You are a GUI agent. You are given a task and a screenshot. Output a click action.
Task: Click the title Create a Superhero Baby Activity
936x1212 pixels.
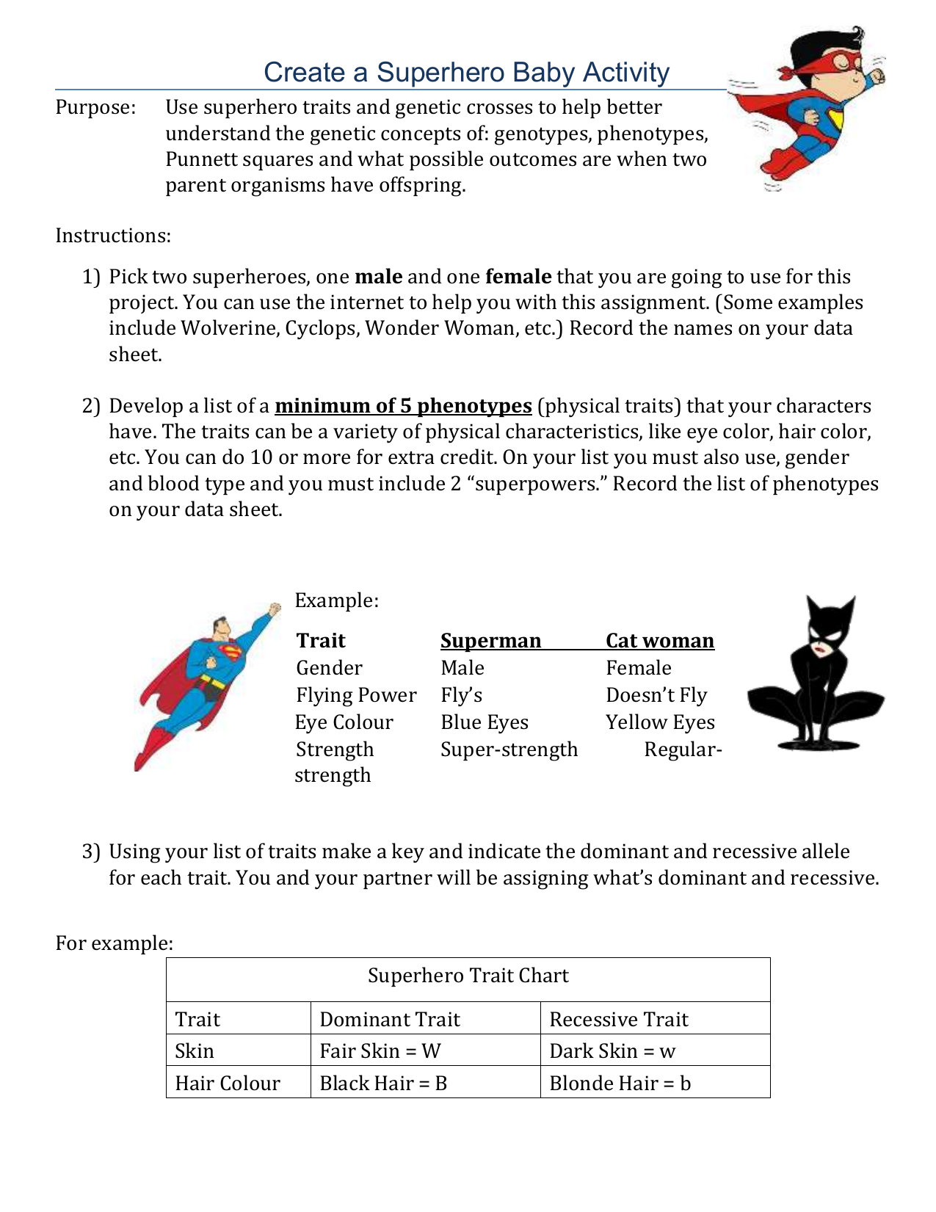click(466, 72)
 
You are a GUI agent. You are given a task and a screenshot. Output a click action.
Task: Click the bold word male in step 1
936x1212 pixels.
click(378, 277)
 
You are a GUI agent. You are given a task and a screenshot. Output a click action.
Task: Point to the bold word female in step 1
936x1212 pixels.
click(518, 277)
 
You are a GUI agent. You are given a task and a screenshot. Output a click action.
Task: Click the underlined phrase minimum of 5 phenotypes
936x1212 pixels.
click(403, 406)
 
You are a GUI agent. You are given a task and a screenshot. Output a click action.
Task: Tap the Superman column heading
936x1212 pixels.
click(490, 641)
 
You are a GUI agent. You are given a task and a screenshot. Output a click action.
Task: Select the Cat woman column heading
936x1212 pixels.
click(659, 641)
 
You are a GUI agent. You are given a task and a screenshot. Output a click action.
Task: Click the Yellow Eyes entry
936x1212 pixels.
click(659, 722)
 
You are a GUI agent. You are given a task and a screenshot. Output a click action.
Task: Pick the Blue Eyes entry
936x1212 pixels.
click(485, 722)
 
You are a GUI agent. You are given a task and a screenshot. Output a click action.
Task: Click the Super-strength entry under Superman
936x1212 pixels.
click(509, 750)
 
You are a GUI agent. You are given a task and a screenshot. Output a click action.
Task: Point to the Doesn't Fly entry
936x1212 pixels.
click(656, 695)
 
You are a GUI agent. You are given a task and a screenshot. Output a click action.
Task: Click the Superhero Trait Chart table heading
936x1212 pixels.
click(468, 976)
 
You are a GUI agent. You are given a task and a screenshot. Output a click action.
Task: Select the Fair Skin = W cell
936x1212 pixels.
click(380, 1051)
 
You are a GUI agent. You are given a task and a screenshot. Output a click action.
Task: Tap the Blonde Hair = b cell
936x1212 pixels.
click(620, 1084)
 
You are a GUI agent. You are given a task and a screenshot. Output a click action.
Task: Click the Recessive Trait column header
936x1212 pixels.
click(618, 1020)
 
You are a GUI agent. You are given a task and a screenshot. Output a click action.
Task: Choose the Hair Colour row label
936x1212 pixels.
click(228, 1084)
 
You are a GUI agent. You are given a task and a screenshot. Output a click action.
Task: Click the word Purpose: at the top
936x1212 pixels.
click(95, 107)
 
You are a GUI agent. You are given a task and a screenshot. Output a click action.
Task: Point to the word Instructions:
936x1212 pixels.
click(113, 236)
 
